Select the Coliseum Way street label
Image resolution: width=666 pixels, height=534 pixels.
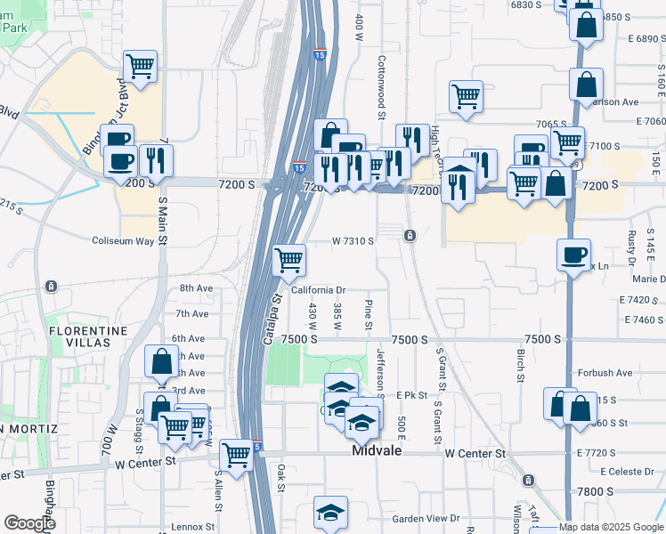[125, 241]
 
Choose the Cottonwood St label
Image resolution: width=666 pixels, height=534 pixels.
[381, 88]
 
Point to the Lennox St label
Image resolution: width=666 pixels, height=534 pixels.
[193, 527]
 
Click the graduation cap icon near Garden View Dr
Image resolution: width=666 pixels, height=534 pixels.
[330, 512]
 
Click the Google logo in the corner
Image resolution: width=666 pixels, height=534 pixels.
[29, 523]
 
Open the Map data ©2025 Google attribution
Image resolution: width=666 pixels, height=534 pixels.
[612, 528]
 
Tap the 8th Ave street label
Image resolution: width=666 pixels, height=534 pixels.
[196, 288]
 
